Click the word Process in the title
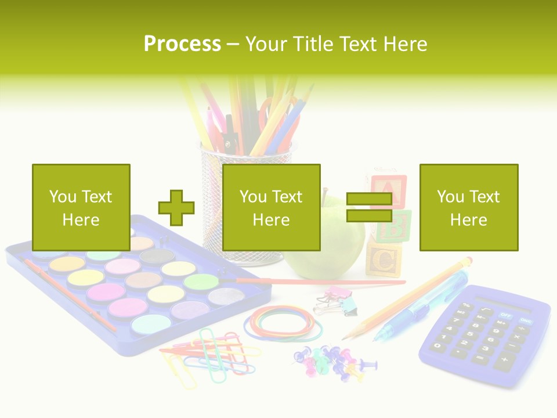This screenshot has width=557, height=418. (x=182, y=44)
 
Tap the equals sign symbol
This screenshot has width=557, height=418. (x=369, y=208)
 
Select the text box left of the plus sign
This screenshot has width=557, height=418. (x=81, y=207)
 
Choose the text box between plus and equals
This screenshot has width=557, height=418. (x=271, y=207)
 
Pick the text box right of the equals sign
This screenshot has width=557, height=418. (x=468, y=207)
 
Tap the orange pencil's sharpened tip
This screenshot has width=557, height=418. (x=345, y=338)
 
